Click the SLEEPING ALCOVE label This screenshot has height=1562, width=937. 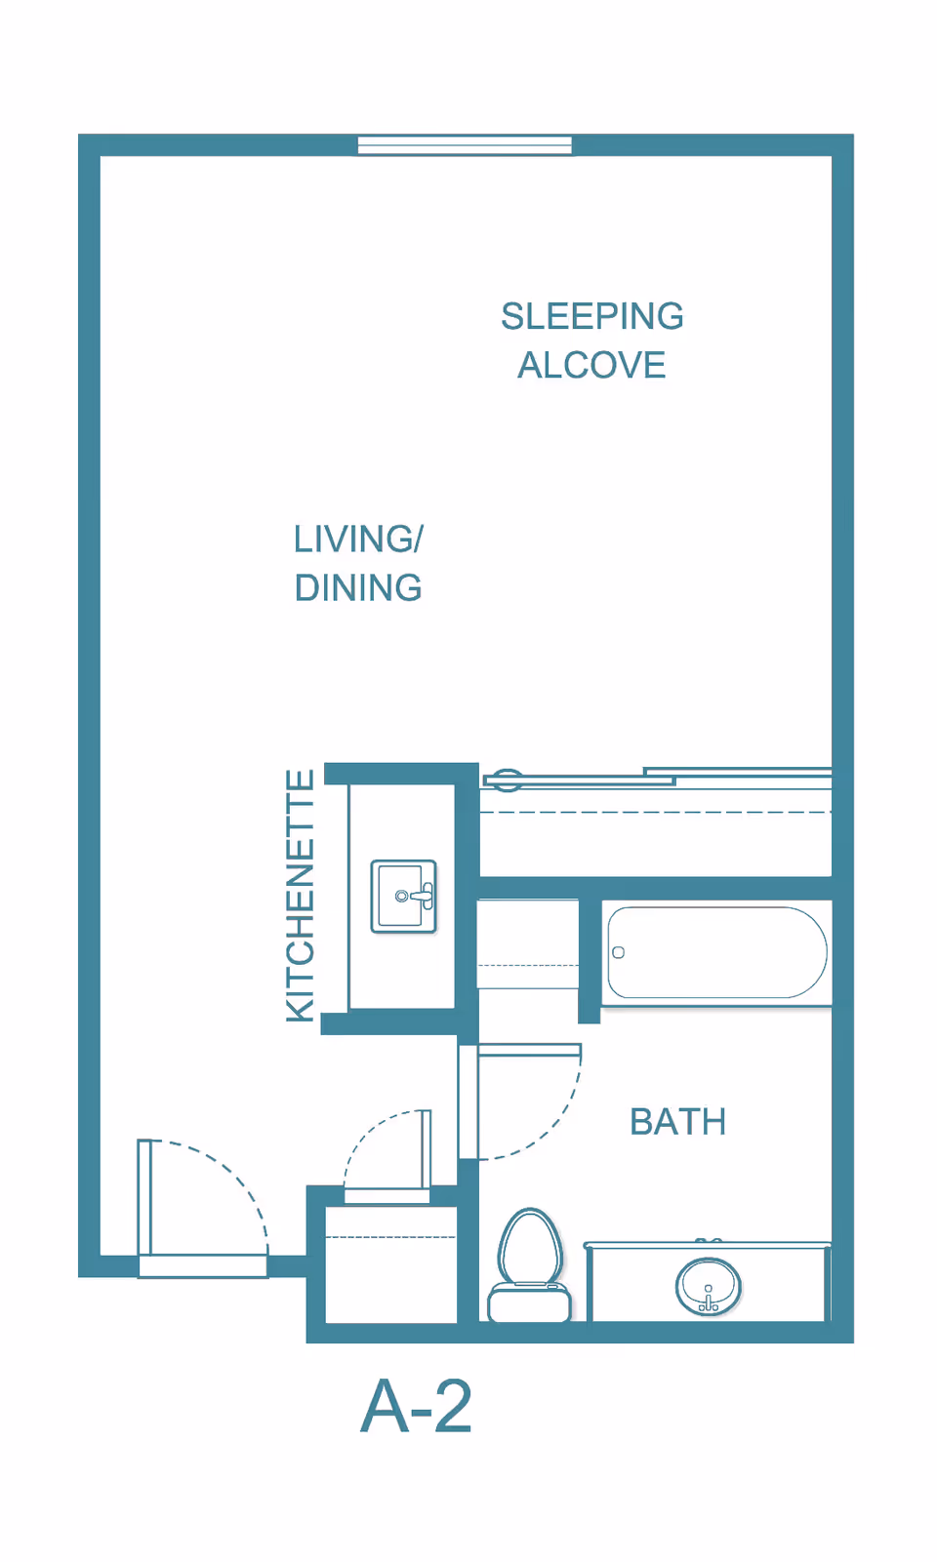coord(592,340)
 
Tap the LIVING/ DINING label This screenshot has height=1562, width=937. coord(358,564)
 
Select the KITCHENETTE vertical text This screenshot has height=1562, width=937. coord(301,896)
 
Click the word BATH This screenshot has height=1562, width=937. coord(678,1122)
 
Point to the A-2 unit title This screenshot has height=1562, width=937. coord(417,1407)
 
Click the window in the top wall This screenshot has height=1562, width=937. coord(465,145)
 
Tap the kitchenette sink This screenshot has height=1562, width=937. coord(404,896)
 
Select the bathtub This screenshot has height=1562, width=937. coord(717,952)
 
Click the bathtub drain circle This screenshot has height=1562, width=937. coord(618,952)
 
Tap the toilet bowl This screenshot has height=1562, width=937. coord(530,1246)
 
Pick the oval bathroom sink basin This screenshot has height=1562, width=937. coord(709,1287)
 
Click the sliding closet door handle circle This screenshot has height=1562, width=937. coord(508,781)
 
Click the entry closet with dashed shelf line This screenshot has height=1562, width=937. coord(391,1264)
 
